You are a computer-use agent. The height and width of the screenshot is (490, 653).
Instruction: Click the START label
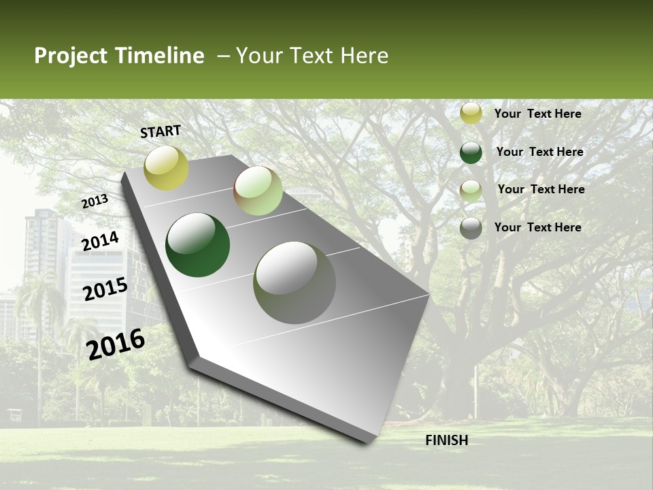tap(161, 131)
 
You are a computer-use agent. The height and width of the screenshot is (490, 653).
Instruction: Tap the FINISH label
tap(447, 440)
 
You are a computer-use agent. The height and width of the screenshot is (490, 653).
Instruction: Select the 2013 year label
tap(95, 201)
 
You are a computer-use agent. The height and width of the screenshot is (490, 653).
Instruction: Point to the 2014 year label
tap(100, 242)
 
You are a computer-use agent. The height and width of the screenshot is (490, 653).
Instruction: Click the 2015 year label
tap(105, 289)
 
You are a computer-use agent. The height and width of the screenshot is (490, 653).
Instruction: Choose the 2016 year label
tap(116, 344)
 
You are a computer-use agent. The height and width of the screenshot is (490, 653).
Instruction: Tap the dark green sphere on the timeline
tap(198, 245)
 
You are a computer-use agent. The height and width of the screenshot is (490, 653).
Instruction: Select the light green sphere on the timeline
tap(258, 191)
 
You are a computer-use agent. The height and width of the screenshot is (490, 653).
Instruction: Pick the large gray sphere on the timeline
tap(295, 282)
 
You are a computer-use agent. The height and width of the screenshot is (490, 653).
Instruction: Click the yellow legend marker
tap(471, 114)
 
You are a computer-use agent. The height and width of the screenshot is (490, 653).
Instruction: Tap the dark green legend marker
tap(471, 152)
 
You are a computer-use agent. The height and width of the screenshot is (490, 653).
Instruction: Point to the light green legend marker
tap(471, 191)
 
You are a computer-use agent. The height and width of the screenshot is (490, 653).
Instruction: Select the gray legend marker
tap(471, 228)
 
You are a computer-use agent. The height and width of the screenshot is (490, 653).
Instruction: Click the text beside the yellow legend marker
tap(537, 114)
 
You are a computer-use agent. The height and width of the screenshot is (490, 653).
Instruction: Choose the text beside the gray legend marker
tap(537, 227)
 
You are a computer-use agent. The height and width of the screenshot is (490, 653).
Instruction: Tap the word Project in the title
tap(69, 56)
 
